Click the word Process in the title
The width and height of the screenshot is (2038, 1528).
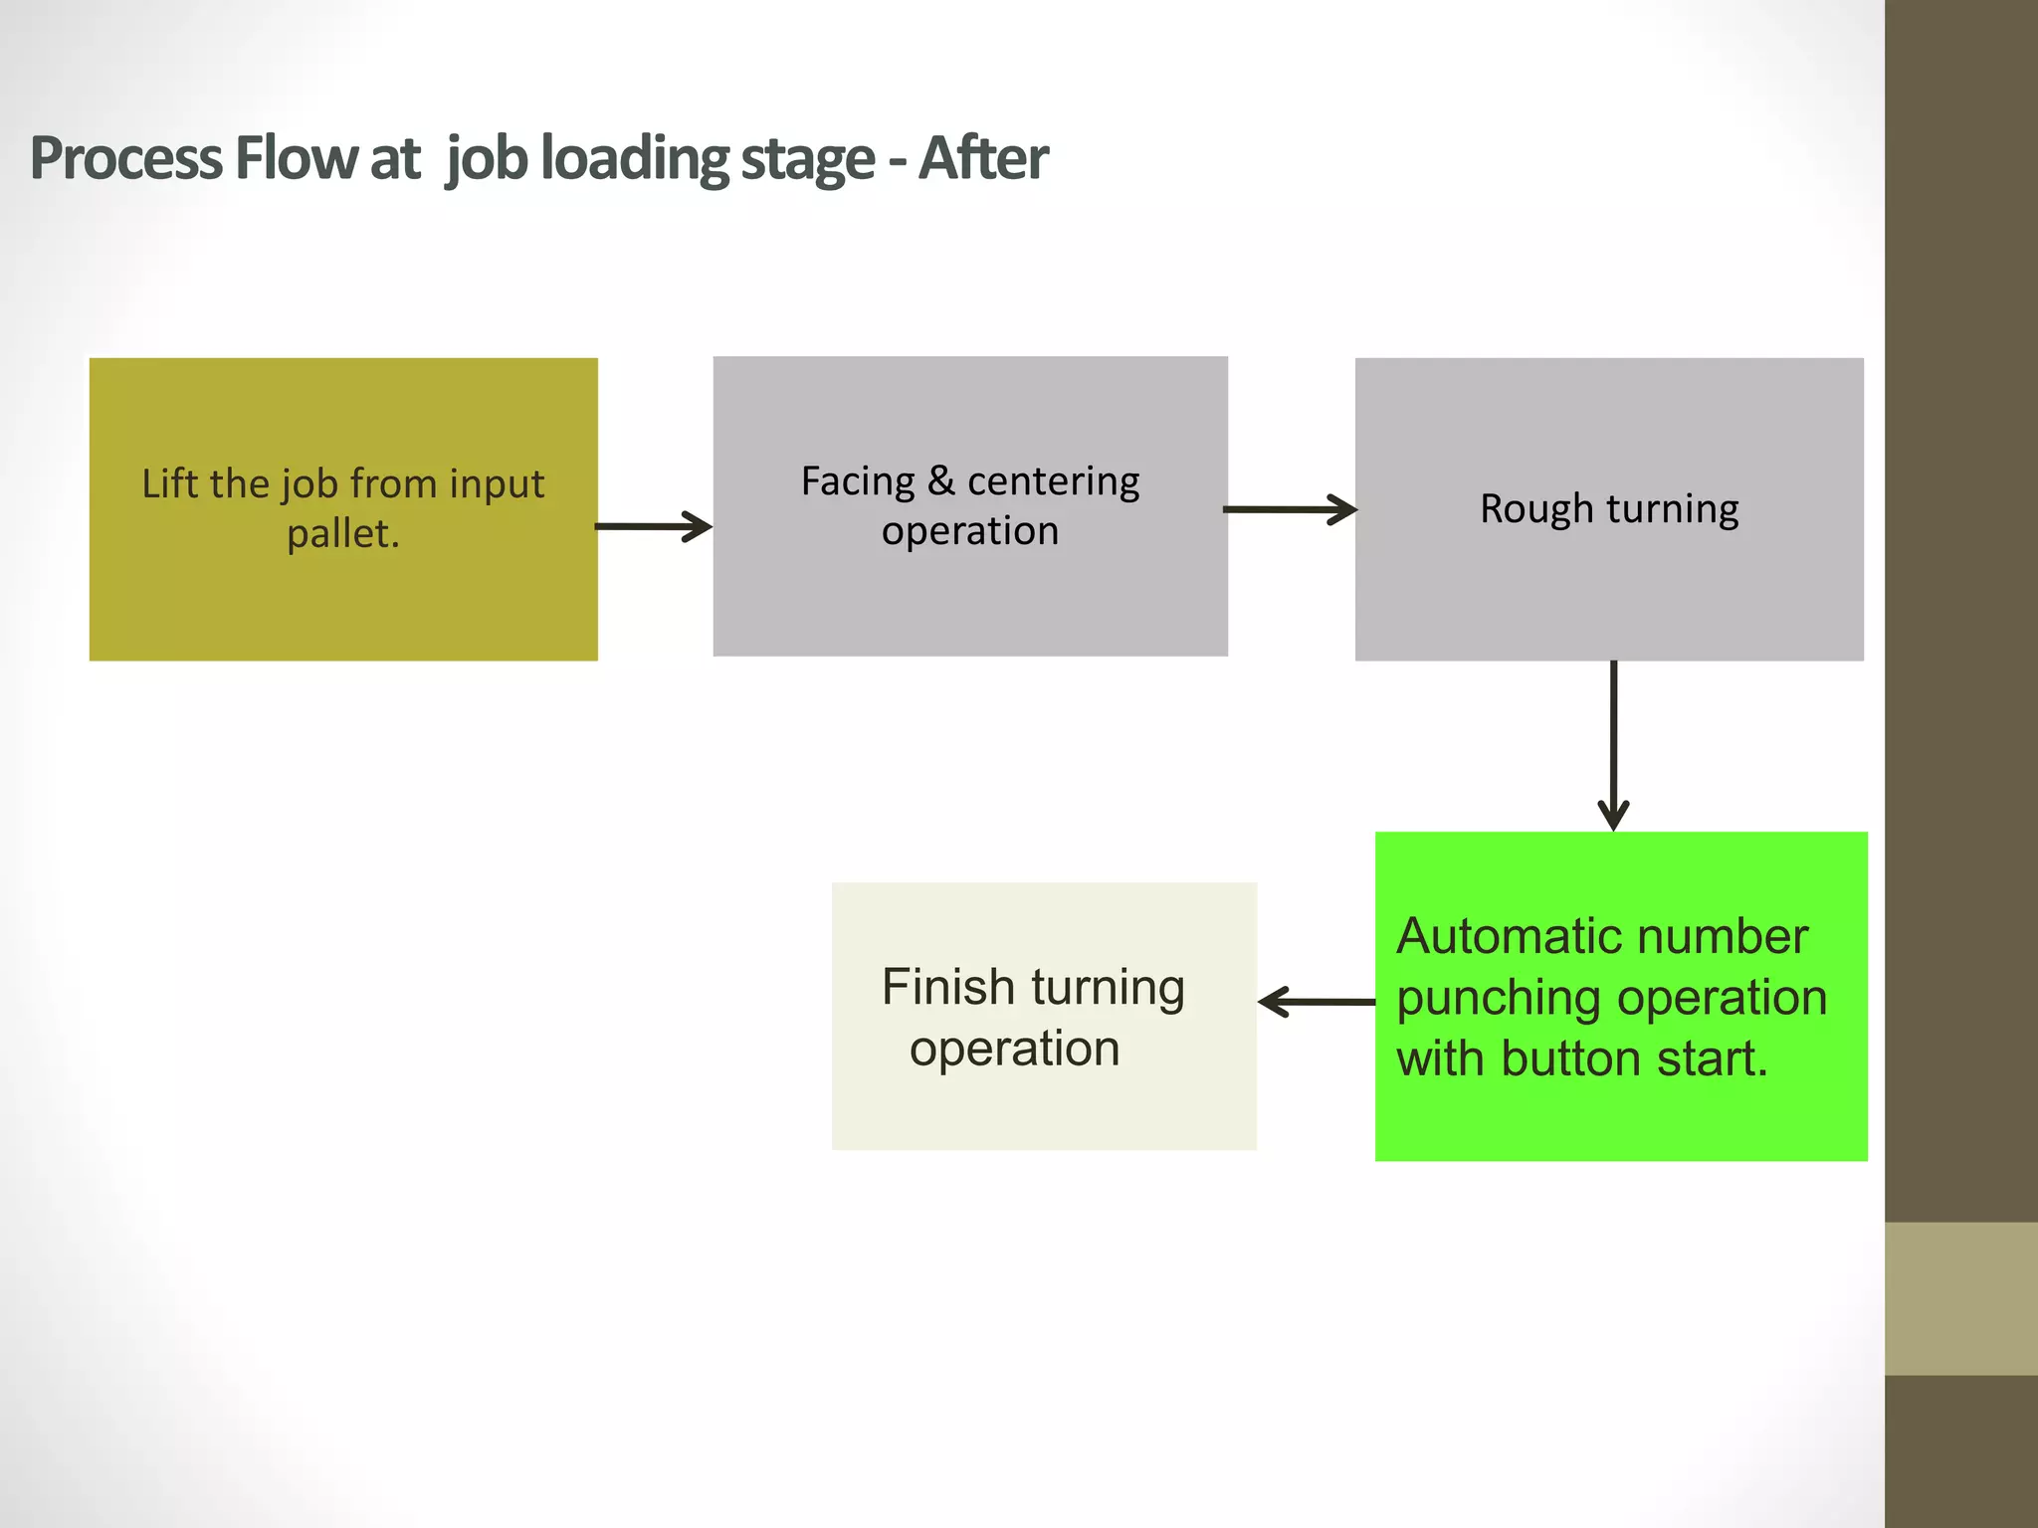(125, 158)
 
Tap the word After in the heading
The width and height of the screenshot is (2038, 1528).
(982, 158)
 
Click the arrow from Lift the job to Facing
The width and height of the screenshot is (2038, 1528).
(654, 526)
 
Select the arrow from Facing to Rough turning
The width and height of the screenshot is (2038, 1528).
(1290, 509)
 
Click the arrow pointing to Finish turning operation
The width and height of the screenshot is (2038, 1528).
(1317, 1002)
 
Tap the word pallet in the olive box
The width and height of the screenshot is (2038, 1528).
(341, 534)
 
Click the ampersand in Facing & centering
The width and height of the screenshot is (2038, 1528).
(940, 481)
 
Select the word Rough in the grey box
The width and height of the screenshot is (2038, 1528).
(1535, 509)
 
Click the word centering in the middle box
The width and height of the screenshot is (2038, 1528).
(1053, 481)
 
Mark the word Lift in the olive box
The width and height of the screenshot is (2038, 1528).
(169, 483)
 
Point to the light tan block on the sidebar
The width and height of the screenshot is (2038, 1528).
(1960, 1298)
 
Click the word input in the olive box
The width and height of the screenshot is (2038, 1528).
(497, 485)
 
